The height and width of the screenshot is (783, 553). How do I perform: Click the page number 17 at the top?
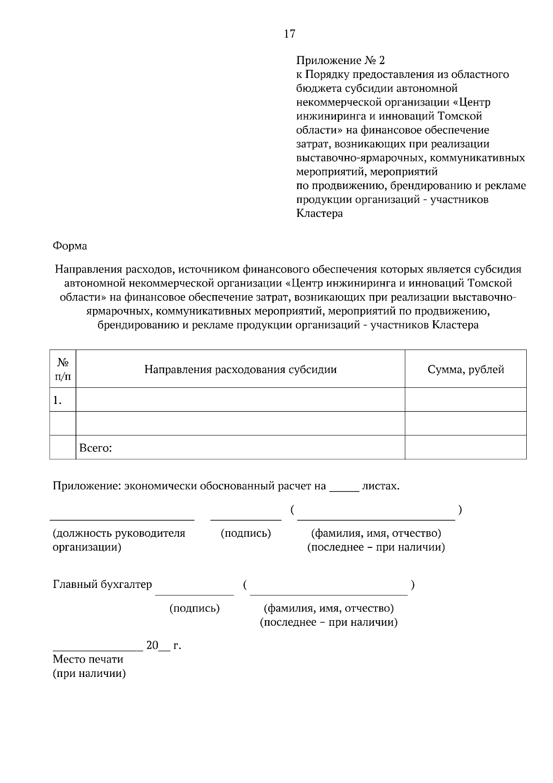click(x=289, y=34)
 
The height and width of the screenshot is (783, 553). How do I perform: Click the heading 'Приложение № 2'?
click(x=340, y=60)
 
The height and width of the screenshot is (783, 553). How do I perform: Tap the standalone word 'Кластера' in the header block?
click(x=319, y=214)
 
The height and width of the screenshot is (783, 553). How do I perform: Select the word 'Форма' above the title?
click(x=70, y=246)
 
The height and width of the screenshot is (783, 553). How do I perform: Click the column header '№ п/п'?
click(x=63, y=369)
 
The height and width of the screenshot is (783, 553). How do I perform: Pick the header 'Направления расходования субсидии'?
click(x=240, y=369)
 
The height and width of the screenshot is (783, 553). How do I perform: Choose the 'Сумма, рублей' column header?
click(x=465, y=369)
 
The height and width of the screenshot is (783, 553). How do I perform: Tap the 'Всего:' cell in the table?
click(x=96, y=448)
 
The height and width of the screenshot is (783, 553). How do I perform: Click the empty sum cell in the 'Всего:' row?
click(x=465, y=448)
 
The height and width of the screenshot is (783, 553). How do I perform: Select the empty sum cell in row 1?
click(x=465, y=400)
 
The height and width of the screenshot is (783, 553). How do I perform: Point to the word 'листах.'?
click(x=381, y=486)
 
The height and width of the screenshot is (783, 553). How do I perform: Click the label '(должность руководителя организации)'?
click(x=119, y=540)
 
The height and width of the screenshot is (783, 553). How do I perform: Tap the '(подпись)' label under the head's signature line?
click(x=246, y=534)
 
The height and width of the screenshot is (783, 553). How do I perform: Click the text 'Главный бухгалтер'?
click(x=102, y=585)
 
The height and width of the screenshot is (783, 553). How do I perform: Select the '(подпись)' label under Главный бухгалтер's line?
click(x=194, y=608)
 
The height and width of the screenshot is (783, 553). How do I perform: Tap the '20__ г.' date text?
click(x=163, y=645)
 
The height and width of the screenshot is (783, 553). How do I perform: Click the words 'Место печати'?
click(x=88, y=659)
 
